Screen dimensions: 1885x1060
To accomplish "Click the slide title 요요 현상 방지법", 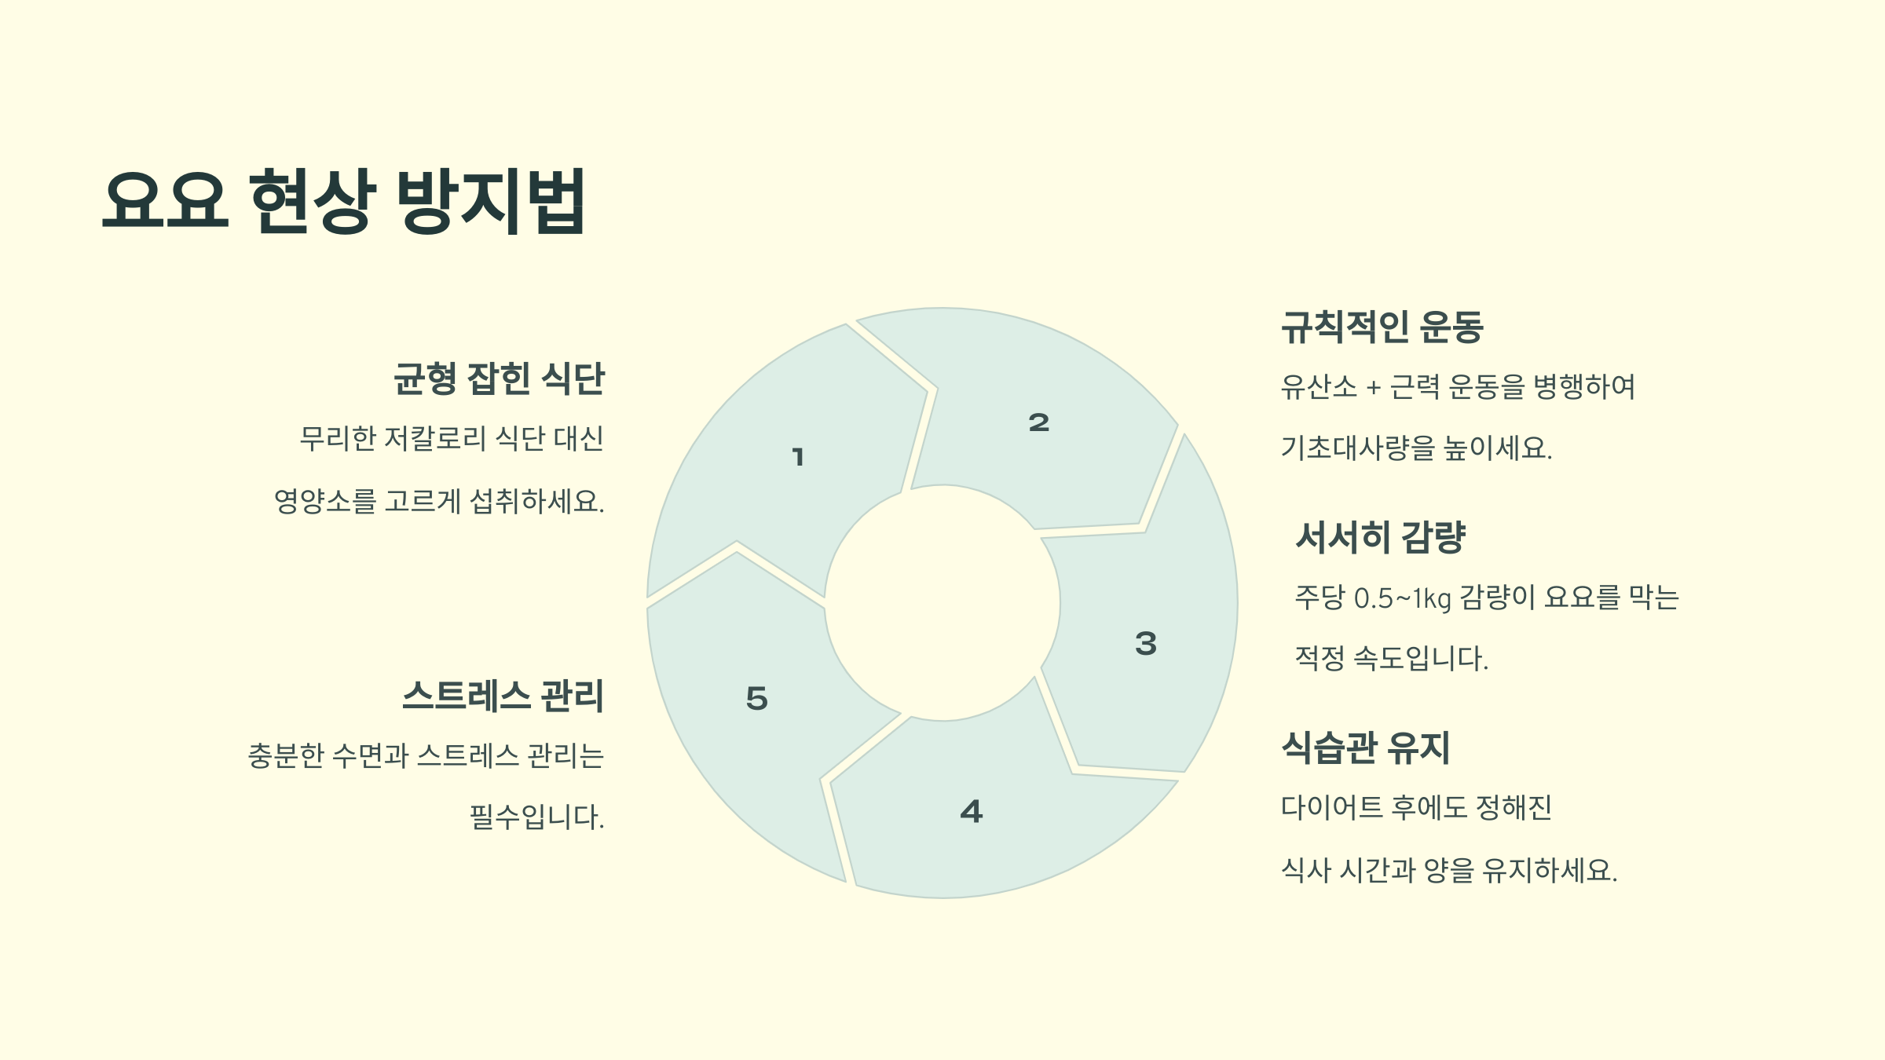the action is pos(343,201).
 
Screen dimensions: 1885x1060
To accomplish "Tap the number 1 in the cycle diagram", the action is pos(798,457).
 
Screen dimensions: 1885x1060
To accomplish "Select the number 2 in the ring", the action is pos(1038,423).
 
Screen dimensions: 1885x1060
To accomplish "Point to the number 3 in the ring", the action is pos(1146,644).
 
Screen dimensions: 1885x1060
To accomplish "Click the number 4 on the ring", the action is pos(972,811).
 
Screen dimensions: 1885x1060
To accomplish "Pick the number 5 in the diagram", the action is pos(756,699).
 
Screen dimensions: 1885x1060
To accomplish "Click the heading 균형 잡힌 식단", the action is pos(499,378).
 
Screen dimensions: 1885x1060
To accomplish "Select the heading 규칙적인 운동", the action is pos(1382,327).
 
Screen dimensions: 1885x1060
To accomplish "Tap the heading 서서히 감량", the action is pos(1380,537).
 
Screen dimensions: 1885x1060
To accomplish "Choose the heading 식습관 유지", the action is pos(1365,747).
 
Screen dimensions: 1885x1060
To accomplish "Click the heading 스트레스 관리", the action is pos(503,696).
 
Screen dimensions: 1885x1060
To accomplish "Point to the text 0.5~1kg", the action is pos(1403,598).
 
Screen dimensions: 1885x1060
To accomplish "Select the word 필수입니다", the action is pos(536,817).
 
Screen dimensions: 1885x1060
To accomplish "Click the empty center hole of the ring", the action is pos(942,603).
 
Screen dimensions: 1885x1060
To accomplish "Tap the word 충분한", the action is pos(286,755).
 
